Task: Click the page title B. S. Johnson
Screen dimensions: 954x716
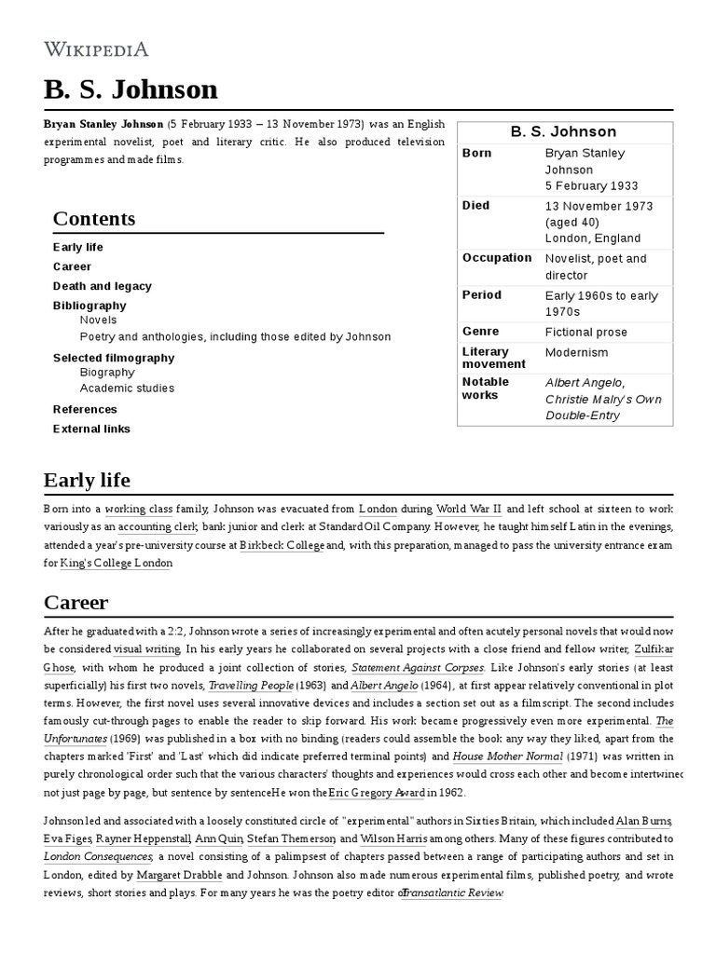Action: pyautogui.click(x=131, y=89)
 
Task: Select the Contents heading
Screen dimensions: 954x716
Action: pyautogui.click(x=94, y=219)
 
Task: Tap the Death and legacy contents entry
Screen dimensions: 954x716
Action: pyautogui.click(x=102, y=286)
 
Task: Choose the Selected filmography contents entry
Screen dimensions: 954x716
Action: pyautogui.click(x=114, y=358)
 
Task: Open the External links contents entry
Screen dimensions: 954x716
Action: pyautogui.click(x=91, y=429)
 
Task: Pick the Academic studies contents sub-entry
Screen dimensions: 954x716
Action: pyautogui.click(x=127, y=388)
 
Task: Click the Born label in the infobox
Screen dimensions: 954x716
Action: pyautogui.click(x=477, y=153)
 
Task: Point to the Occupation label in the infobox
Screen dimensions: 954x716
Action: pyautogui.click(x=497, y=258)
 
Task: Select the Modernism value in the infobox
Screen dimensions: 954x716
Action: pyautogui.click(x=576, y=352)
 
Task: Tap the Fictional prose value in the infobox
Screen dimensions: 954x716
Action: pyautogui.click(x=585, y=332)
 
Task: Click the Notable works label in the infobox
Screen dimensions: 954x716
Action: pyautogui.click(x=486, y=388)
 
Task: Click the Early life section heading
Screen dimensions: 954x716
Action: pyautogui.click(x=87, y=481)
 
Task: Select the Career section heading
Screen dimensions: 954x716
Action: pyautogui.click(x=76, y=602)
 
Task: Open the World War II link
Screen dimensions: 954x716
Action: pyautogui.click(x=469, y=510)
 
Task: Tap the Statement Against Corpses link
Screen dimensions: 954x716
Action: pyautogui.click(x=417, y=667)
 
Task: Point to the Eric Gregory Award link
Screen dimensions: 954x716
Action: pyautogui.click(x=376, y=793)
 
